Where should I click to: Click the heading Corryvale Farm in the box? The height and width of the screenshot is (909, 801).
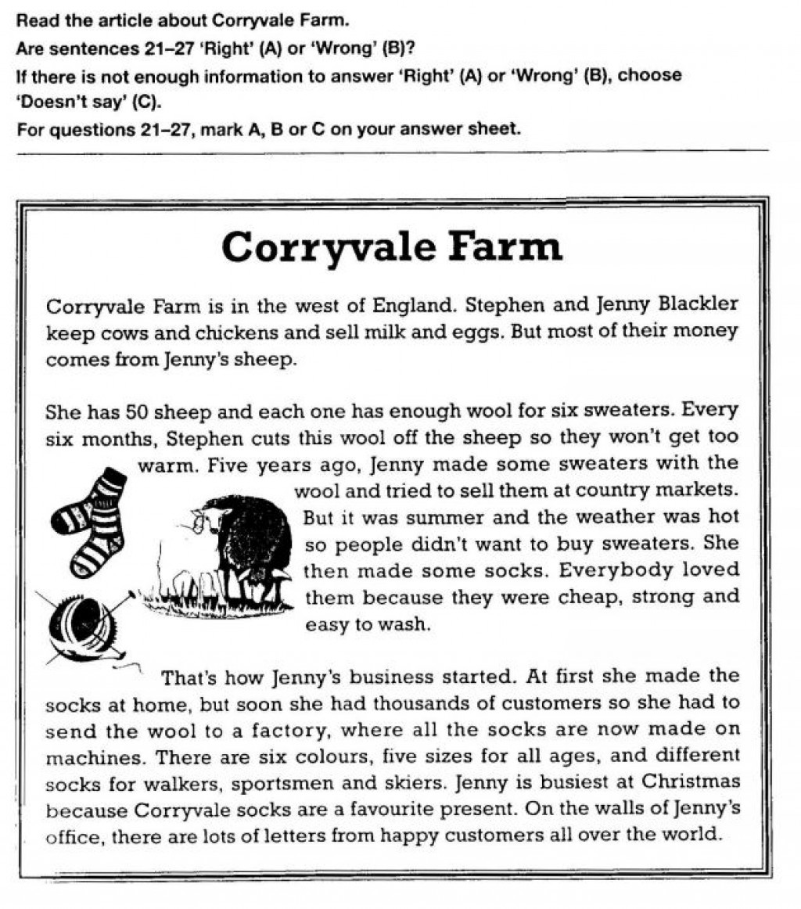click(391, 247)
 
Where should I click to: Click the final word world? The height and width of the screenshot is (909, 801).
click(691, 834)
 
